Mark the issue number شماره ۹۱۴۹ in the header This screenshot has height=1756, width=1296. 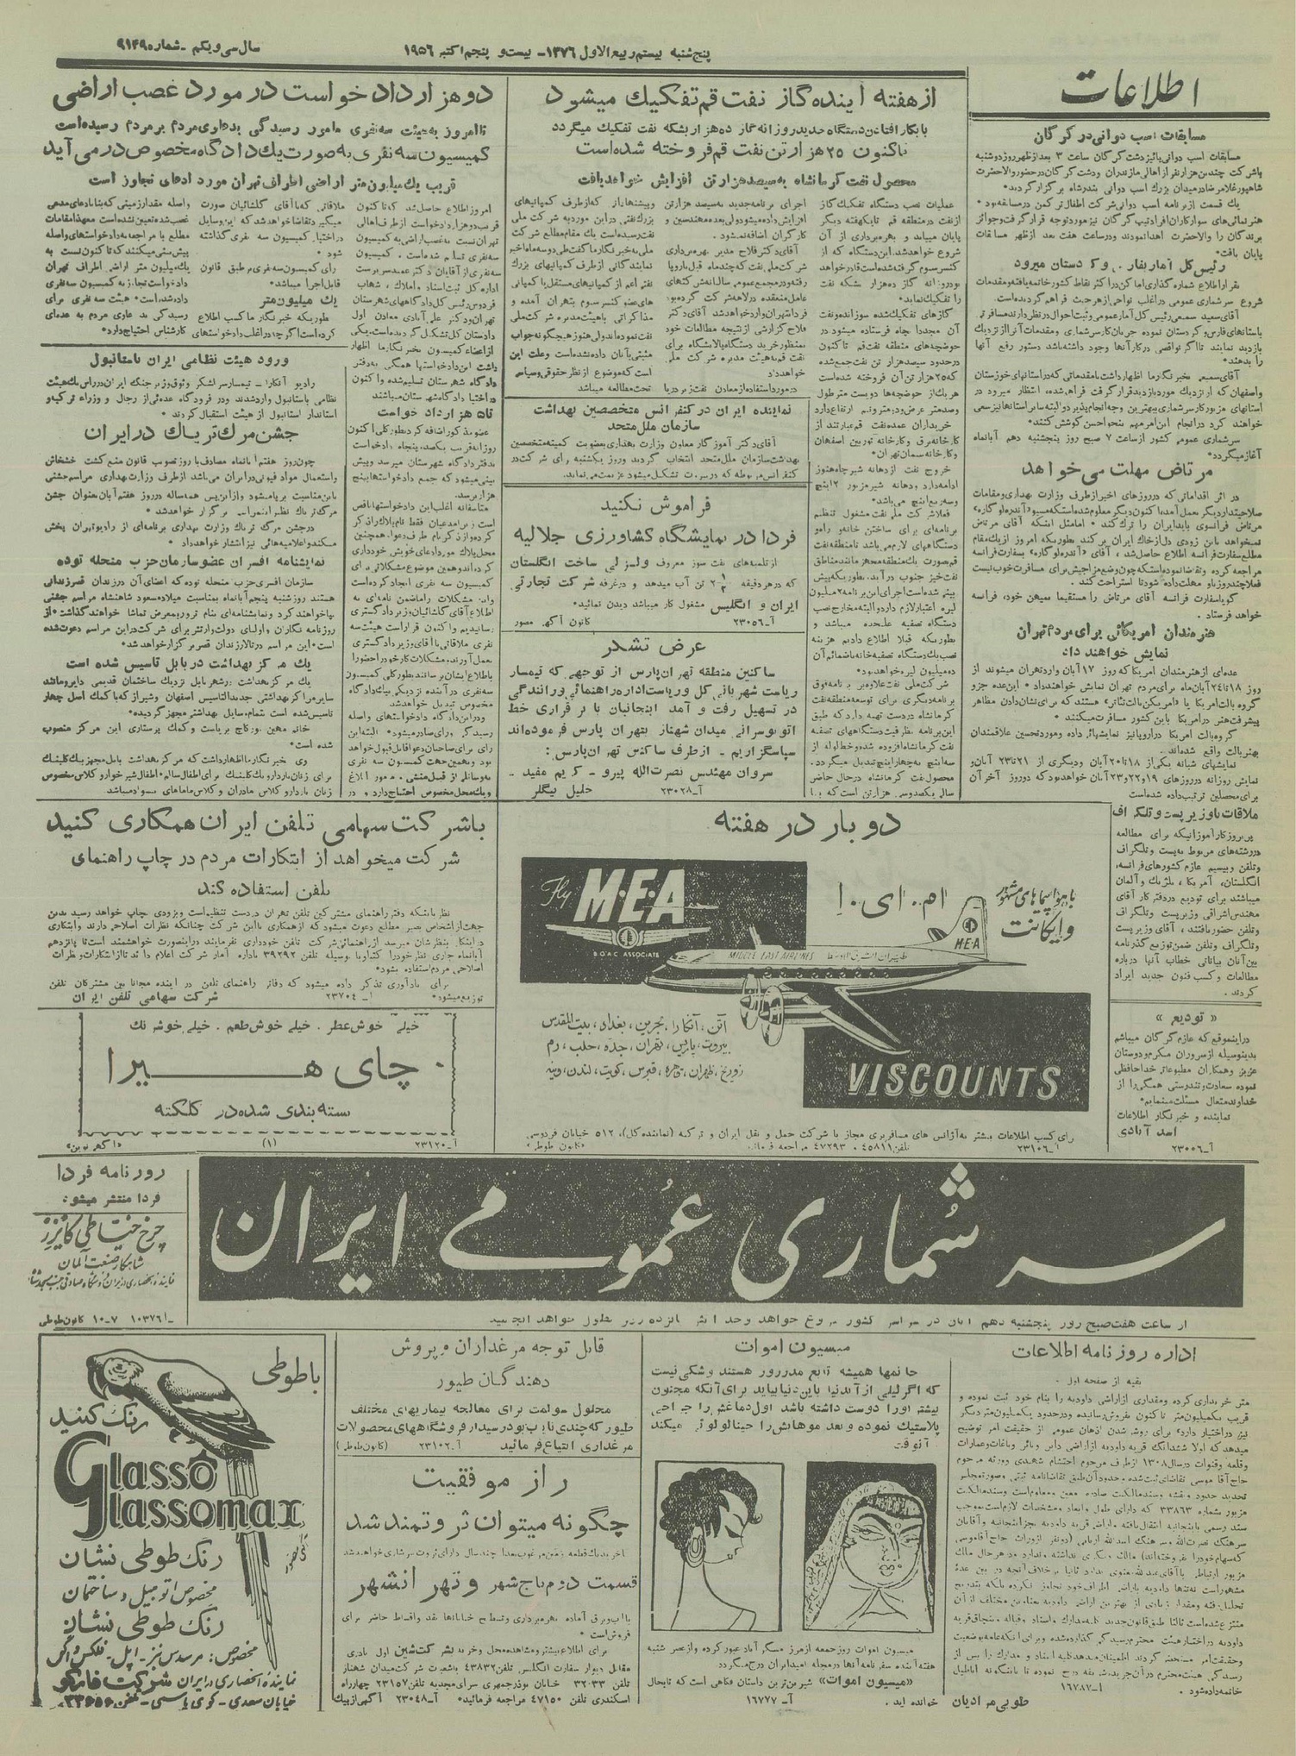pos(91,51)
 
